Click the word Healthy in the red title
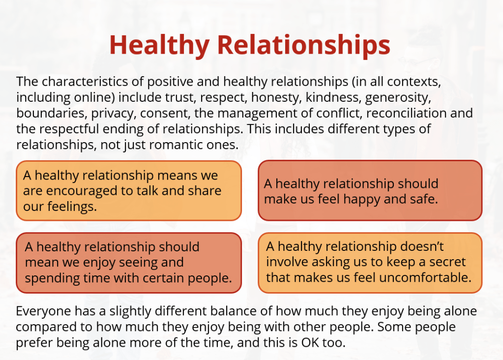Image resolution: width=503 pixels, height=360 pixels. tap(159, 45)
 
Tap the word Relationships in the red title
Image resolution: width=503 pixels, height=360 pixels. tap(304, 45)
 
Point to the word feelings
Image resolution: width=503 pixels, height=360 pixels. tap(72, 206)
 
